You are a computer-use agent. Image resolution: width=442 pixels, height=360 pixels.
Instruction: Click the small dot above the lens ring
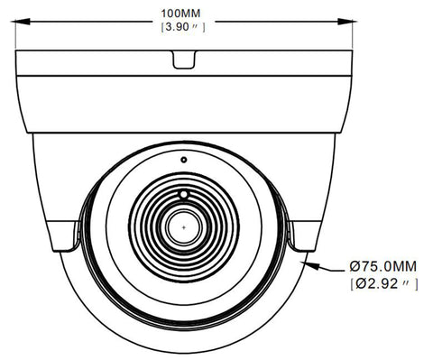click(x=183, y=159)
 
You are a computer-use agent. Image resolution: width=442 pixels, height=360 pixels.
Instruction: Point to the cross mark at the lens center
click(x=185, y=228)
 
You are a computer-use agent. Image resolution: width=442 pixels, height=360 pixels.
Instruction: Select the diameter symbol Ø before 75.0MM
click(x=354, y=266)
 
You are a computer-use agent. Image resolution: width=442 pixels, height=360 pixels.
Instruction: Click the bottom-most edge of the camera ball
click(x=185, y=353)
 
